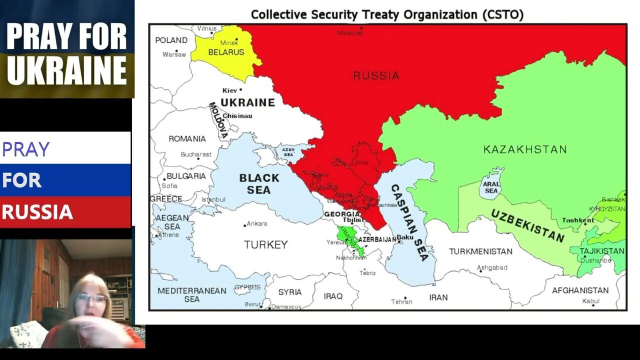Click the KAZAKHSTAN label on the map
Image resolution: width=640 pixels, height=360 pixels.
click(525, 149)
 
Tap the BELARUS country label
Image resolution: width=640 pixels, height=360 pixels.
click(226, 52)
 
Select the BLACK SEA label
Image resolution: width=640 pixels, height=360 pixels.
click(259, 184)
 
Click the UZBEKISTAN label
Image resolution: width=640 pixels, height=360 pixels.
click(527, 226)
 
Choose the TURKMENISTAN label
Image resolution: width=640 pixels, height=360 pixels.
click(480, 251)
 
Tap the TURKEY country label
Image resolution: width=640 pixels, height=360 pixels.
click(265, 244)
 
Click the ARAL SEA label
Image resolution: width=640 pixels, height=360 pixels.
click(491, 187)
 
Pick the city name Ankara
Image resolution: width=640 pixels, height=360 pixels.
click(257, 223)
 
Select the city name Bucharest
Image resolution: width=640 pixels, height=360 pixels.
click(196, 154)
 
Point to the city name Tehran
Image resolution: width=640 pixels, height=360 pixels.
click(402, 301)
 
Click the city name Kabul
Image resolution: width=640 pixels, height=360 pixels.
click(590, 301)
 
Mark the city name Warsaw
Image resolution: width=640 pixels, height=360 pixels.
click(174, 54)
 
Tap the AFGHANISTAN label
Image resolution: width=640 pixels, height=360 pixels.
click(580, 290)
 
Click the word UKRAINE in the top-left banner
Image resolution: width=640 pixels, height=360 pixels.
click(67, 70)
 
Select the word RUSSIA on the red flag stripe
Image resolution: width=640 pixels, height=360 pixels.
click(37, 212)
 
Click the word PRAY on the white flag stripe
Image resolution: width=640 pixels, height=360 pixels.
click(26, 149)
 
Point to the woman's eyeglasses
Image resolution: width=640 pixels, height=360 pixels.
click(92, 298)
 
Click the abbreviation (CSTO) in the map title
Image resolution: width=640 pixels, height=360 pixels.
click(503, 14)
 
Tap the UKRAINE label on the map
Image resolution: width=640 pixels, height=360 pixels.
click(247, 102)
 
